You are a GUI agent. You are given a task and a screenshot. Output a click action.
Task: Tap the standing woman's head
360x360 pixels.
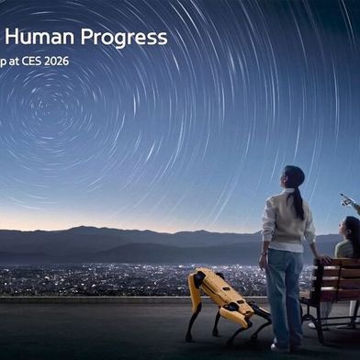pyautogui.click(x=291, y=176)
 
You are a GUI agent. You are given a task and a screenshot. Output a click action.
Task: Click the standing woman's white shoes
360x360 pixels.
pyautogui.click(x=280, y=346)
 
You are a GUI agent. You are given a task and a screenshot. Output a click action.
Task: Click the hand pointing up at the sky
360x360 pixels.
pyautogui.click(x=345, y=198)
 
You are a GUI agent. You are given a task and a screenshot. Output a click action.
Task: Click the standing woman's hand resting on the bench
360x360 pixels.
pyautogui.click(x=322, y=260)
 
